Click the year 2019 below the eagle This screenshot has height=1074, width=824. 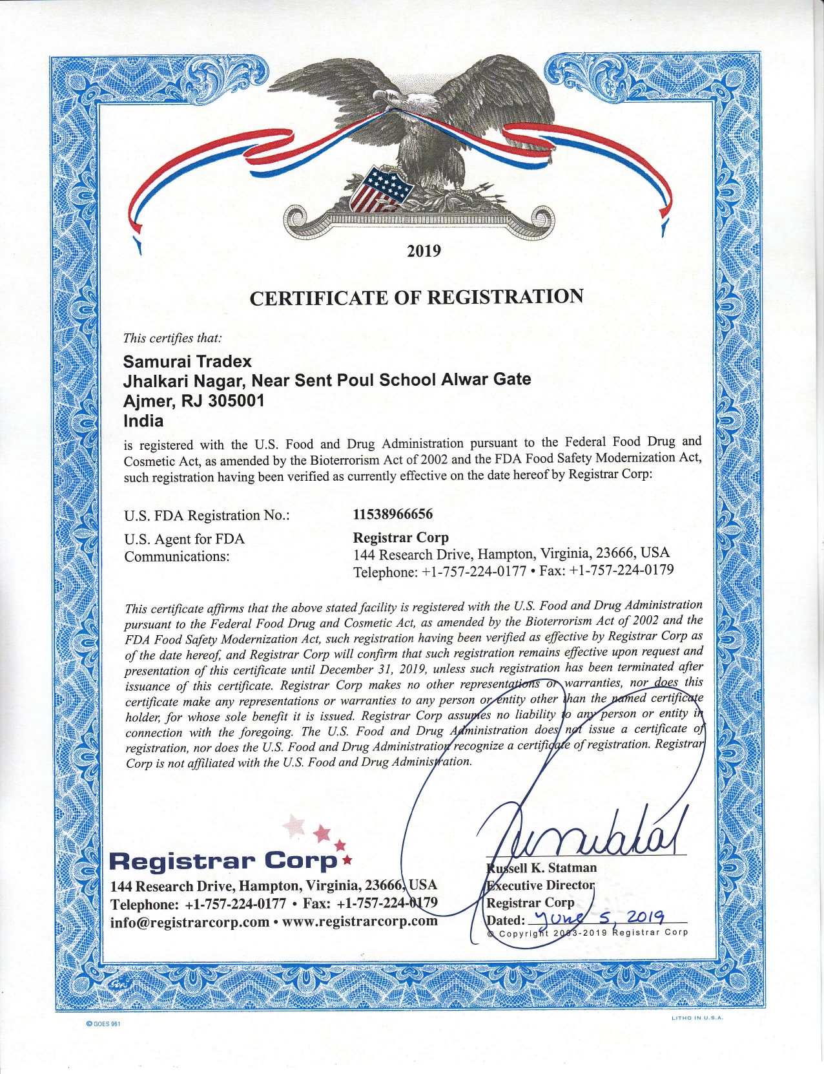point(424,251)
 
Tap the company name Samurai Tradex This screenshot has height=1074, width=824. point(187,361)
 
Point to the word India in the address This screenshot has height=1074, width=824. point(143,421)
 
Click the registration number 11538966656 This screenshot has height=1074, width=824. point(393,514)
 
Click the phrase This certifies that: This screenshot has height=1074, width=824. point(172,338)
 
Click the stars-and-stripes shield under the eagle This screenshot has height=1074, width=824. point(380,189)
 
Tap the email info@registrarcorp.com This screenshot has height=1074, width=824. point(189,922)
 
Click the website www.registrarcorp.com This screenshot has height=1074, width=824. point(360,921)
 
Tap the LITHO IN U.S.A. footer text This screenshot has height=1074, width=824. point(697,1018)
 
